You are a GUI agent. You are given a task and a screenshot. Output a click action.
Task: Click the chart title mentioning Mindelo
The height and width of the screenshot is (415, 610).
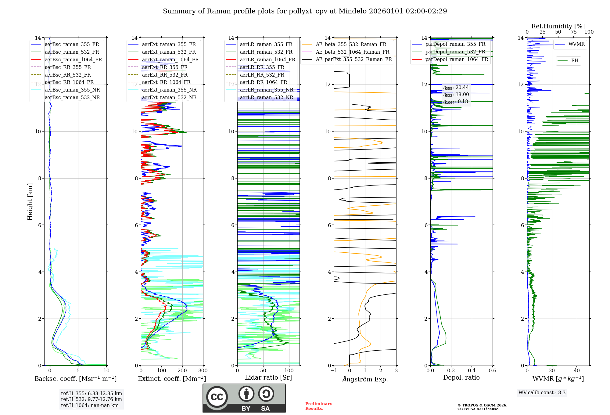click(x=305, y=11)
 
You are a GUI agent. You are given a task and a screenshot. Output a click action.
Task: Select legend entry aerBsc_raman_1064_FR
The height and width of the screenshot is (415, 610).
click(x=73, y=60)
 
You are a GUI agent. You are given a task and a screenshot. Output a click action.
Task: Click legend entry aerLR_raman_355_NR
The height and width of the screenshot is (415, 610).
click(x=266, y=90)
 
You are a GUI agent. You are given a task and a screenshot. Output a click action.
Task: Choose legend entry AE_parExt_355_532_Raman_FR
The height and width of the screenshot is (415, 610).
click(x=353, y=59)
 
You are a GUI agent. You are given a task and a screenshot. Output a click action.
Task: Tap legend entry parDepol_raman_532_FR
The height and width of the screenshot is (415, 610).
click(x=455, y=52)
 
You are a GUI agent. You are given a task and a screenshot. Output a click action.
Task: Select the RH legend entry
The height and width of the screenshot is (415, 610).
click(x=575, y=61)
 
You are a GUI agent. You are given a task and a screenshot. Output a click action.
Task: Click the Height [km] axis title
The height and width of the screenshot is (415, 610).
click(x=30, y=202)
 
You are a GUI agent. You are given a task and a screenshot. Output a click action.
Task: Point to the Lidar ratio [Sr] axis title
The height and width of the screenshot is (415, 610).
click(x=268, y=377)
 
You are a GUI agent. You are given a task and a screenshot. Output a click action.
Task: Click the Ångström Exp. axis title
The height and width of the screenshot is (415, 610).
click(x=365, y=379)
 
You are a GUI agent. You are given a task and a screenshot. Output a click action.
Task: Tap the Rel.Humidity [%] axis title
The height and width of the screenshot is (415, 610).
click(x=558, y=26)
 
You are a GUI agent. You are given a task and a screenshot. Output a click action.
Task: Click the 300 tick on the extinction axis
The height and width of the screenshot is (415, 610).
click(x=203, y=370)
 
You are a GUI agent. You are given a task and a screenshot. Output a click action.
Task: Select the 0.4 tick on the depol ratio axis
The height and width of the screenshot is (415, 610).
click(x=472, y=370)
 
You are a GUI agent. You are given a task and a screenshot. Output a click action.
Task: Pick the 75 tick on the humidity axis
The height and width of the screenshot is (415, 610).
click(x=573, y=32)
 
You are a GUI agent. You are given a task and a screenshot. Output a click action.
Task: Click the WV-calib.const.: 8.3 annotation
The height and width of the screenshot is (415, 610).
click(x=542, y=392)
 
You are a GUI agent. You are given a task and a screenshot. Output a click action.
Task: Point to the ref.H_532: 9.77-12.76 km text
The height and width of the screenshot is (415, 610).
click(x=91, y=399)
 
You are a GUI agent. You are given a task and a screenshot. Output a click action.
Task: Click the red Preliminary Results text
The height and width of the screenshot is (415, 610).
click(x=318, y=406)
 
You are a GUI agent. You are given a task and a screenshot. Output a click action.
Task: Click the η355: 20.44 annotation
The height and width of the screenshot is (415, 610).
click(x=456, y=88)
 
